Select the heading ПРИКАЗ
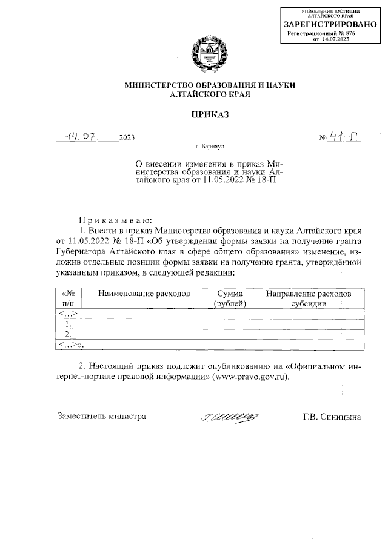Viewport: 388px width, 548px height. coord(210,114)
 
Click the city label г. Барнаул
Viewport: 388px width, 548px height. coord(210,147)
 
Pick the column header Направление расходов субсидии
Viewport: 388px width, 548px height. coord(309,298)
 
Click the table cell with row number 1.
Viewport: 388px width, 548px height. coord(68,324)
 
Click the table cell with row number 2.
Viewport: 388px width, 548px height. coord(68,334)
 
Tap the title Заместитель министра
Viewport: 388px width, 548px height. coord(102,417)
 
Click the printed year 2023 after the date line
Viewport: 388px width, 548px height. coord(127,138)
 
